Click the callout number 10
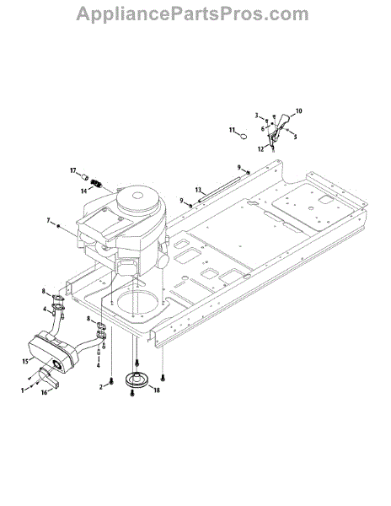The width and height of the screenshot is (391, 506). point(299,111)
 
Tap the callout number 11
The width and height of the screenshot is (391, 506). point(233,130)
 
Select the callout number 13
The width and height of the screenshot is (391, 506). point(198,190)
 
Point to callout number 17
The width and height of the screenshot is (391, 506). point(73,170)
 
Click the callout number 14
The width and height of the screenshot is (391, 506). point(83,191)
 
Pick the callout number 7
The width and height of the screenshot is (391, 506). point(49,220)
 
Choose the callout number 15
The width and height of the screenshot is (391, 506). point(25,362)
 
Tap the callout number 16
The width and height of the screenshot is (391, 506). point(44,392)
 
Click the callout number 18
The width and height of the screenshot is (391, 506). point(157,390)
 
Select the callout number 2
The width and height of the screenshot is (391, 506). point(101,386)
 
